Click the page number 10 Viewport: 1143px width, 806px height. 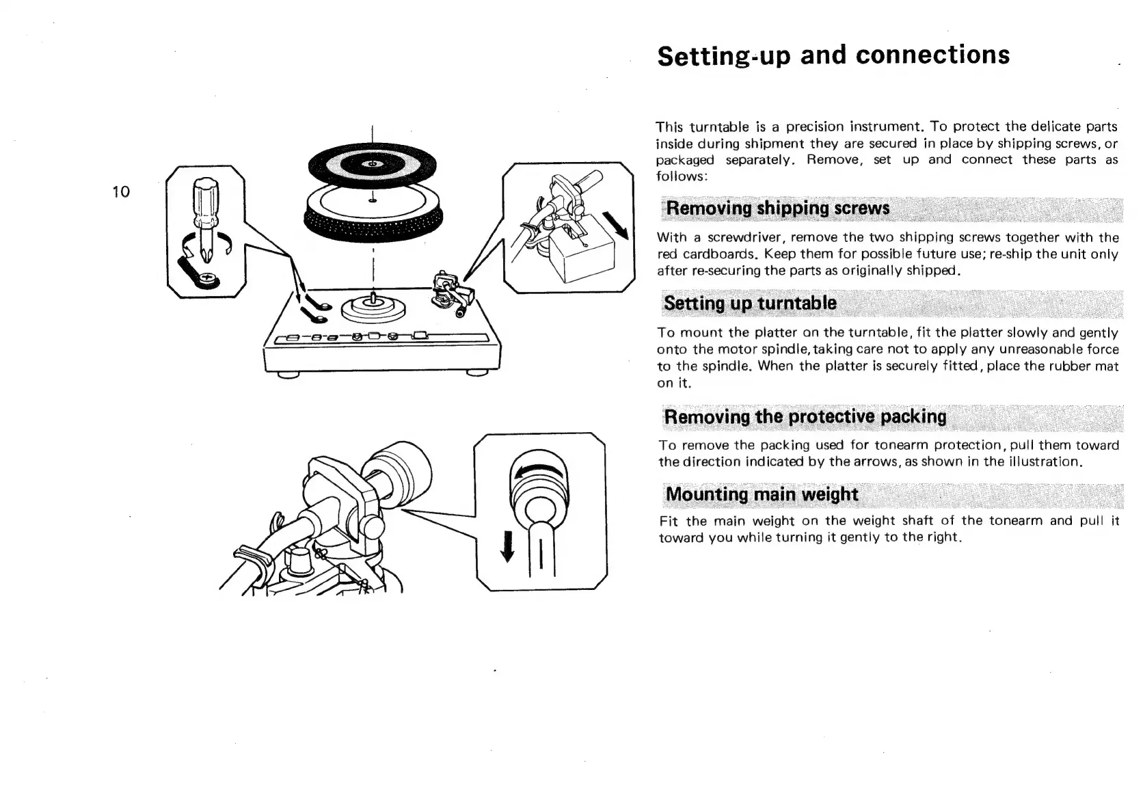pos(121,191)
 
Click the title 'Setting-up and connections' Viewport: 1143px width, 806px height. pos(833,55)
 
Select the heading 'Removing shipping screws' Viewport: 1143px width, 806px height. pos(777,208)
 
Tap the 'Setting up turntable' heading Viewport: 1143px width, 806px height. pos(750,303)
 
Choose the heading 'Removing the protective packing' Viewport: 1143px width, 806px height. pos(805,416)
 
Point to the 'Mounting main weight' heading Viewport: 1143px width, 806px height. pos(761,494)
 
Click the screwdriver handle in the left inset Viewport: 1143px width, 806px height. pos(204,202)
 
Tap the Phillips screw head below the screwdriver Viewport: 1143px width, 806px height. pos(206,278)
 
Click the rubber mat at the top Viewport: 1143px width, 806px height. pos(371,164)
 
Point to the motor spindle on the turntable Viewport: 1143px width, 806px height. pos(373,299)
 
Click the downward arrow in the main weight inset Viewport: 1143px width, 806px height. pos(507,546)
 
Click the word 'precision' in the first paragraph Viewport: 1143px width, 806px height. pos(813,126)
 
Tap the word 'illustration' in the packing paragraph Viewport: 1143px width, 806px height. pos(1046,461)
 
